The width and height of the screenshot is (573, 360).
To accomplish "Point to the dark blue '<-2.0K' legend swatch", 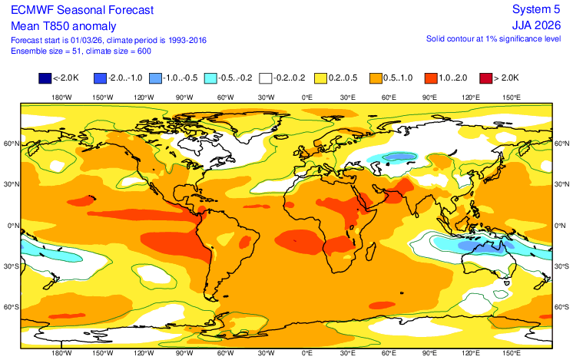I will pyautogui.click(x=45, y=78).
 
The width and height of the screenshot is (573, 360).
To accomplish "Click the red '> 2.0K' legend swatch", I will pyautogui.click(x=485, y=78).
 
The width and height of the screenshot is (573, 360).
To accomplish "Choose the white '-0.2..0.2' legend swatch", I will pyautogui.click(x=265, y=78).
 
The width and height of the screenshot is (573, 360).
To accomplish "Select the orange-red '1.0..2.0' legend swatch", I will pyautogui.click(x=430, y=78).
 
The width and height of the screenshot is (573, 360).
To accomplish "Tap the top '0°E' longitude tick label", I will pyautogui.click(x=306, y=97).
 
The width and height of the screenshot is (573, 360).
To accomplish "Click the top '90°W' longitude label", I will pyautogui.click(x=184, y=97).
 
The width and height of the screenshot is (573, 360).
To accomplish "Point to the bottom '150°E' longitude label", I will pyautogui.click(x=512, y=353).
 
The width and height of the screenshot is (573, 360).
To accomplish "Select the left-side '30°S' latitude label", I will pyautogui.click(x=12, y=266).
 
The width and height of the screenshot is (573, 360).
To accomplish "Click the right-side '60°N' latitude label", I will pyautogui.click(x=561, y=144).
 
